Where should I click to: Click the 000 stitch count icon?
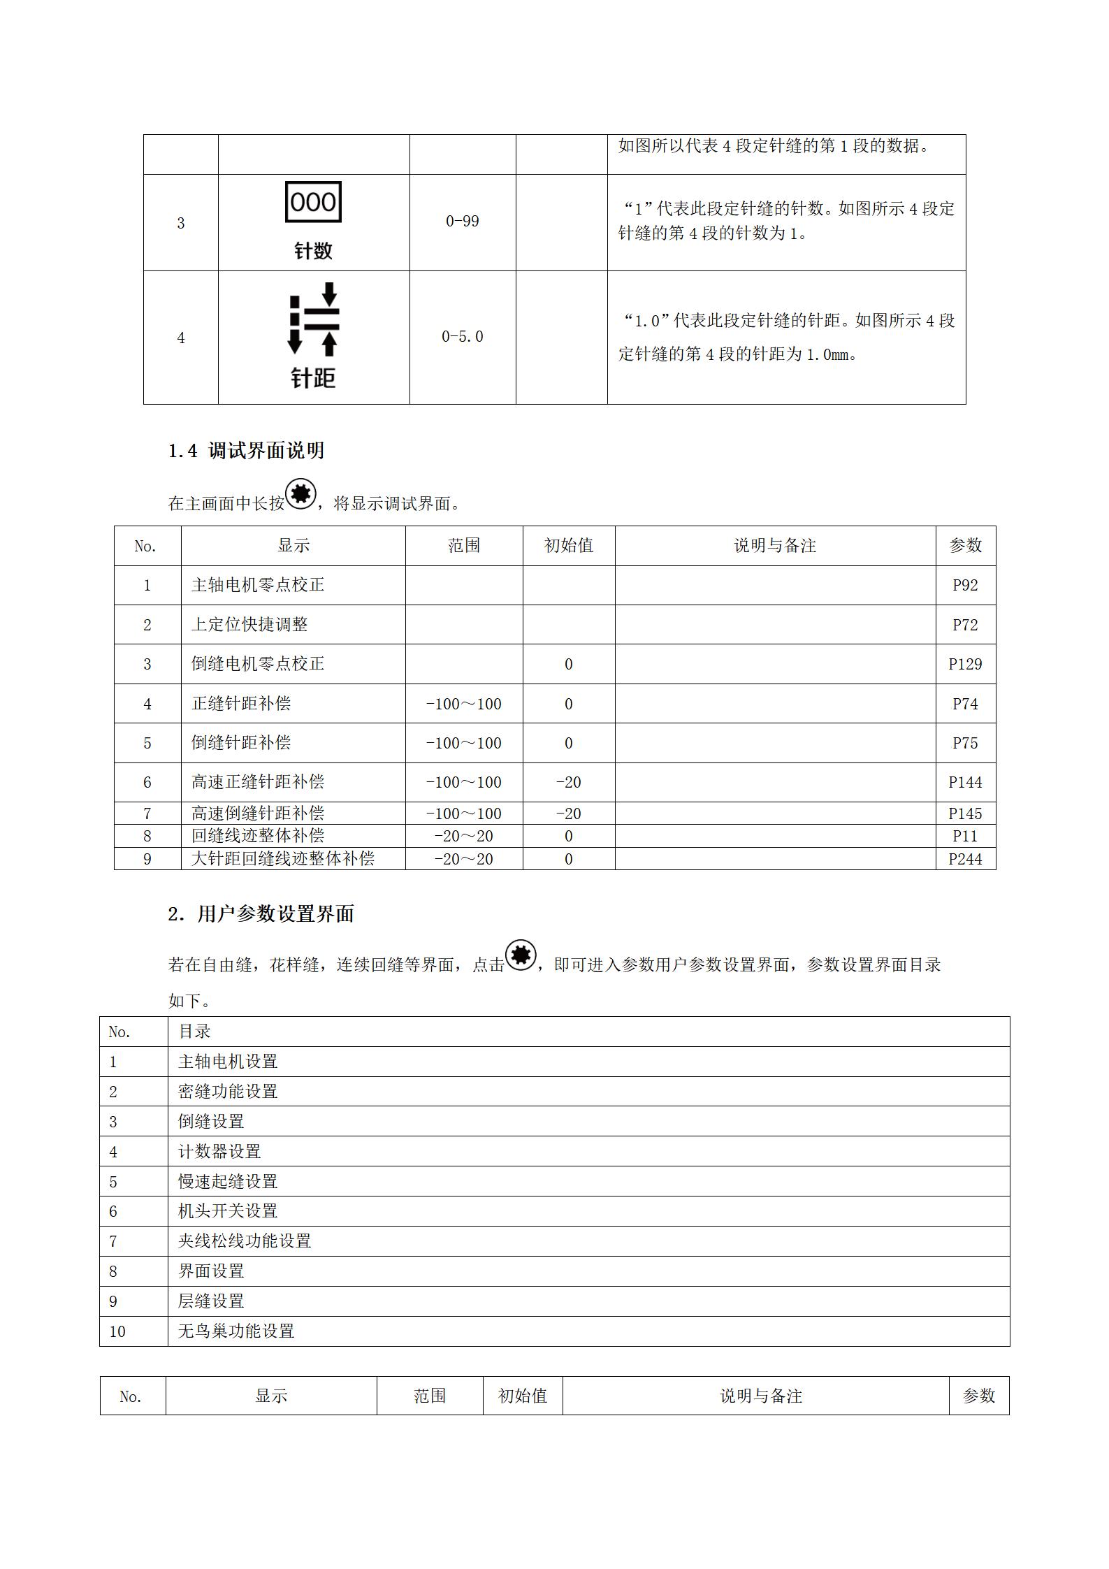(x=313, y=203)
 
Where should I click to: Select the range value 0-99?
(x=462, y=222)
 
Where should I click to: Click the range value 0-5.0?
(x=462, y=337)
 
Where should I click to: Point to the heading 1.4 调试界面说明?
(x=246, y=451)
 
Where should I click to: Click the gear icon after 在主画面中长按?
(x=301, y=494)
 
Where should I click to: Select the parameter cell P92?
(x=965, y=585)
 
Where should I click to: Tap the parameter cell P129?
(x=965, y=664)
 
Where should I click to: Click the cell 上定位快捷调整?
(x=249, y=624)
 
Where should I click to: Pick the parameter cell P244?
(x=965, y=859)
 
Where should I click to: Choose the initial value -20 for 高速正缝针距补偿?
(x=568, y=782)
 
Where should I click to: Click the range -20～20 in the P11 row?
(x=463, y=836)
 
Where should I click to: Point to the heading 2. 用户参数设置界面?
(x=261, y=914)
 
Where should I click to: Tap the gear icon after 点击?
(x=521, y=955)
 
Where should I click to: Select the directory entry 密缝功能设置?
(x=228, y=1091)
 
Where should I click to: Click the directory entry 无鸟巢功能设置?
(x=236, y=1331)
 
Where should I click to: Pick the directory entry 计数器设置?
(x=219, y=1151)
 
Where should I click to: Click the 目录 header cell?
(x=194, y=1032)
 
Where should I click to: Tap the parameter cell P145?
(x=965, y=814)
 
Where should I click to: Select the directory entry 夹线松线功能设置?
(x=245, y=1241)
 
